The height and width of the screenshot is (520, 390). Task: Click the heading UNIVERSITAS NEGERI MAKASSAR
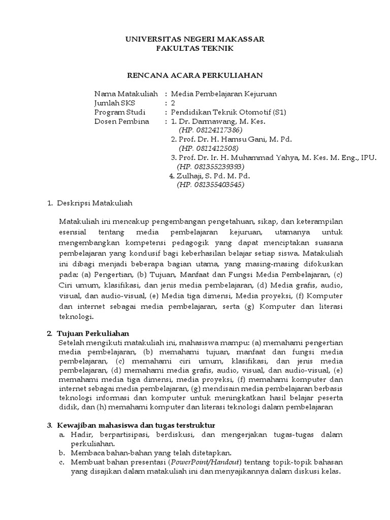(194, 39)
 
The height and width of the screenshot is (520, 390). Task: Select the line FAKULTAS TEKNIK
(194, 48)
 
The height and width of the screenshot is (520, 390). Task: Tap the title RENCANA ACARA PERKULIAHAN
(194, 75)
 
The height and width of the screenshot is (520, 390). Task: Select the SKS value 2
(173, 103)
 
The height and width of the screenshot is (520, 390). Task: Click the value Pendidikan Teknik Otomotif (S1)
(229, 112)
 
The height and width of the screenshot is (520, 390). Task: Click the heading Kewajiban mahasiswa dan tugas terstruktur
(136, 425)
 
